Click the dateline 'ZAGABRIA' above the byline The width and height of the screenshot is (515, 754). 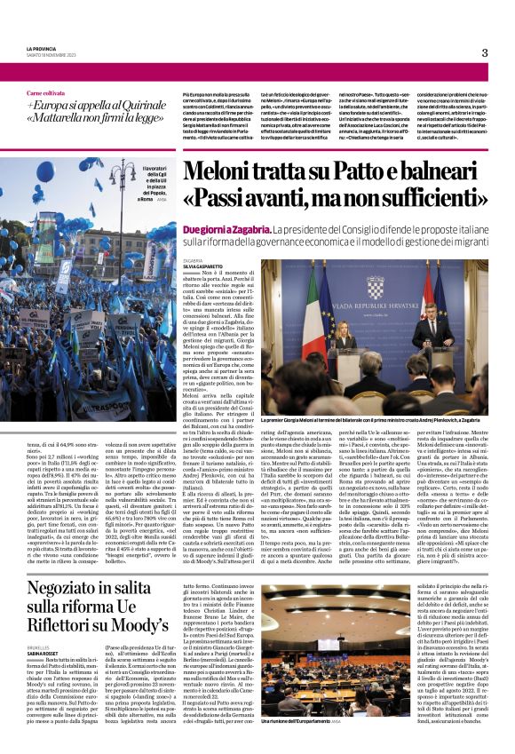tap(194, 260)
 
